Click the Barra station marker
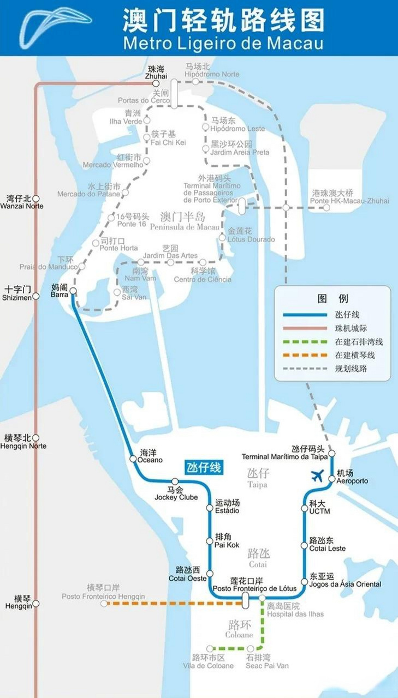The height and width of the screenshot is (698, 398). pos(73,291)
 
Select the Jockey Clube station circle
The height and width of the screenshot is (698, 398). pos(175,481)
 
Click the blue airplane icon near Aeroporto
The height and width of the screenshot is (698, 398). pos(317,476)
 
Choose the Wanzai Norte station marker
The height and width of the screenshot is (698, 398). pos(36,199)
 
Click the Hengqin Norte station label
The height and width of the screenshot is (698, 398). pos(25,442)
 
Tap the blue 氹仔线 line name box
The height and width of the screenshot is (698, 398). pos(204,467)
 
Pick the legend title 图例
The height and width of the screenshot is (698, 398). pos(332,298)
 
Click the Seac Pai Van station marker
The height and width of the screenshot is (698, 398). pos(251,648)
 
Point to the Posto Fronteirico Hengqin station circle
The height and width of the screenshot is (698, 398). pos(104,604)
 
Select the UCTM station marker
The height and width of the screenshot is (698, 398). pos(305,508)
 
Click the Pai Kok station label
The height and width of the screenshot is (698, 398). pos(228,541)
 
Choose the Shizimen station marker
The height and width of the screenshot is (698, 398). pos(36,296)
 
